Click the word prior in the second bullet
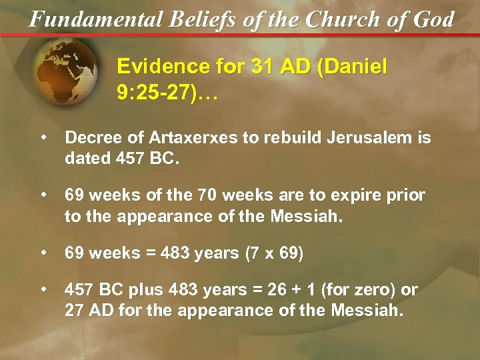(x=405, y=196)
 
